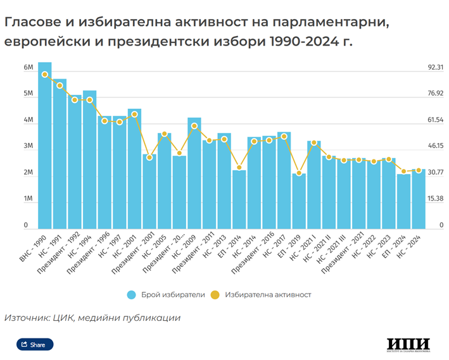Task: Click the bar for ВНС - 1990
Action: (x=44, y=146)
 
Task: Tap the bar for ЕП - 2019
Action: (x=299, y=201)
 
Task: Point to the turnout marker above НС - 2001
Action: (x=134, y=115)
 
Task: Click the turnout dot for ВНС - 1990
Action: (x=44, y=75)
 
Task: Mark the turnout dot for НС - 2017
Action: (x=284, y=137)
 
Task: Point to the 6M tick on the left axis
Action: (x=28, y=67)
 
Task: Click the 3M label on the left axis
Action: (x=28, y=146)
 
